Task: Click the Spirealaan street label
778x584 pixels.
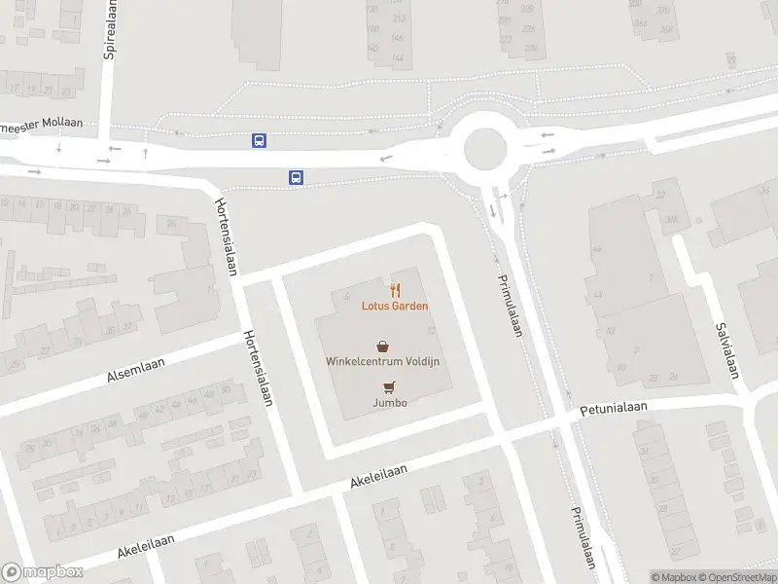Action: tap(110, 29)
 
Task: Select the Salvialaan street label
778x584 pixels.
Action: tap(727, 350)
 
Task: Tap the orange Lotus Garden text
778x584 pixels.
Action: tap(396, 306)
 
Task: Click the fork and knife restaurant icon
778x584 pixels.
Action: tap(395, 289)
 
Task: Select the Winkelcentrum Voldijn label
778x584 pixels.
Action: tap(383, 361)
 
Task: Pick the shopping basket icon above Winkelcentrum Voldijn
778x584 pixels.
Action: tap(383, 345)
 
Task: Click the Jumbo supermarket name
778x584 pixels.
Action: tap(389, 402)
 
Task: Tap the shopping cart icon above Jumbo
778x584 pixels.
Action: tap(389, 386)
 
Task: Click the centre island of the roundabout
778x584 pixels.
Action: tap(485, 150)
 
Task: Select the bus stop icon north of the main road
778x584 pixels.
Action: tap(260, 140)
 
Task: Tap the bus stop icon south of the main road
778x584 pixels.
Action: tap(296, 177)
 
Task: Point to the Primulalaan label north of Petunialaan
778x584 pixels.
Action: tap(510, 304)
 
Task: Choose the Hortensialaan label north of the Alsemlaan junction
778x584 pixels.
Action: tap(226, 237)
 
